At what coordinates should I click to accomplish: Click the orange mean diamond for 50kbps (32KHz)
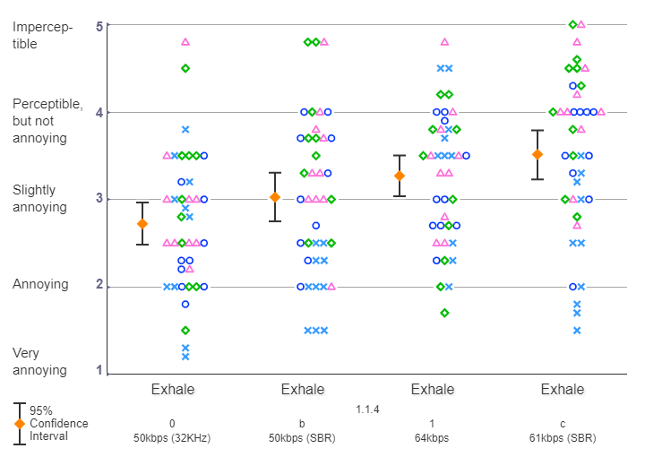pyautogui.click(x=142, y=223)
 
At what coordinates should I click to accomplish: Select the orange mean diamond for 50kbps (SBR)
pyautogui.click(x=275, y=197)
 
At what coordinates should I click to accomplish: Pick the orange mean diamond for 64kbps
pyautogui.click(x=400, y=176)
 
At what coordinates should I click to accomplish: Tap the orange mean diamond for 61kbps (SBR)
pyautogui.click(x=537, y=154)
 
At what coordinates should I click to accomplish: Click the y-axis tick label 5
pyautogui.click(x=99, y=26)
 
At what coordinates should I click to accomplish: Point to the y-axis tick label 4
pyautogui.click(x=99, y=113)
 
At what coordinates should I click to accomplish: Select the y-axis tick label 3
pyautogui.click(x=99, y=199)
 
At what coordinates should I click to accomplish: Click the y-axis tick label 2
pyautogui.click(x=99, y=287)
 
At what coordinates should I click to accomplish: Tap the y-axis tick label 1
pyautogui.click(x=99, y=372)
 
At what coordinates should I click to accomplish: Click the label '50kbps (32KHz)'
pyautogui.click(x=172, y=438)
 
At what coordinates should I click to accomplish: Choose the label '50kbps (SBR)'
pyautogui.click(x=303, y=438)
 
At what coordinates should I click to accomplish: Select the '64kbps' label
pyautogui.click(x=432, y=438)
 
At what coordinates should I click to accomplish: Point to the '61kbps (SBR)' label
pyautogui.click(x=563, y=438)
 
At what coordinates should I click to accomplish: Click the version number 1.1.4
pyautogui.click(x=368, y=410)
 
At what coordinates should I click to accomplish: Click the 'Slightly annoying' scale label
pyautogui.click(x=39, y=199)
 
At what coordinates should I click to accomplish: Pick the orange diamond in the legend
pyautogui.click(x=19, y=424)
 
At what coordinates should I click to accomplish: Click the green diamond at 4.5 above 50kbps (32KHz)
pyautogui.click(x=185, y=68)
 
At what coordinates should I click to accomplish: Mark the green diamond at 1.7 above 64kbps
pyautogui.click(x=444, y=313)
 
